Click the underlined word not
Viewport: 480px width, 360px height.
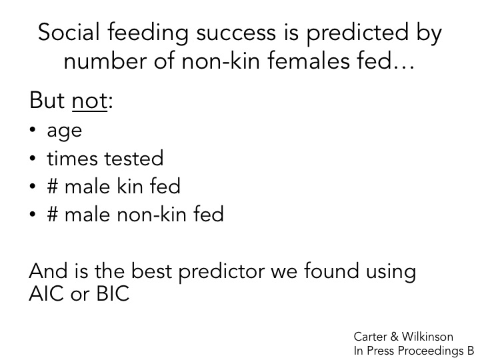point(89,103)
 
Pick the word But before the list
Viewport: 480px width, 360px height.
point(47,103)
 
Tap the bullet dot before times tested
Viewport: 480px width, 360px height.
point(34,159)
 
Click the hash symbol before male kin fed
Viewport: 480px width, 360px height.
point(54,187)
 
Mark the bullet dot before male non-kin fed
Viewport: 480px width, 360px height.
point(34,215)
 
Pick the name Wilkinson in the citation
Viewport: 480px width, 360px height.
point(428,337)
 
